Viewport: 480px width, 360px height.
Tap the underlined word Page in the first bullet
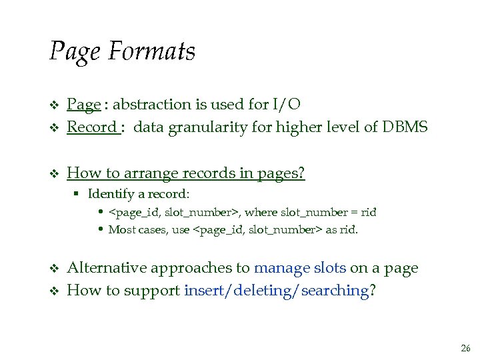(x=84, y=105)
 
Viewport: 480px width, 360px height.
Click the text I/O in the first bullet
(x=287, y=105)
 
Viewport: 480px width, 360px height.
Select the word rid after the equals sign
(x=368, y=213)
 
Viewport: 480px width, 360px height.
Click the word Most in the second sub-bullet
(x=121, y=230)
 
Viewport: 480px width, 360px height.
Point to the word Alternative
(x=107, y=268)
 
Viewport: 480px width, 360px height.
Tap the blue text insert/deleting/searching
(x=276, y=290)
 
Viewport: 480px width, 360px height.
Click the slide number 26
(x=465, y=349)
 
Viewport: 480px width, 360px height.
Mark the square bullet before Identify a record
(x=77, y=195)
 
